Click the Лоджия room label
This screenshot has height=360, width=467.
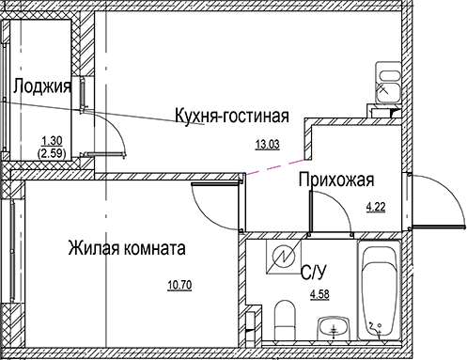[x=43, y=89]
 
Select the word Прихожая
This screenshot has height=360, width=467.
[x=337, y=180]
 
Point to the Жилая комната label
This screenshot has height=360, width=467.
[x=126, y=249]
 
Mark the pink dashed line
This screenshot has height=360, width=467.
[x=276, y=163]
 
